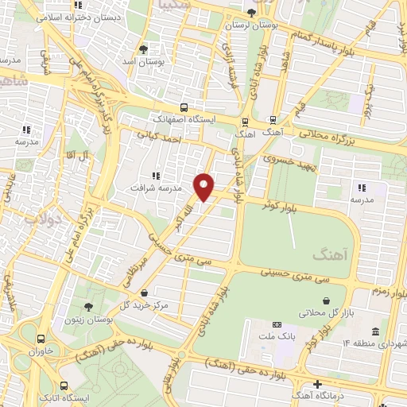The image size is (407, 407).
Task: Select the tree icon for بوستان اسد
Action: point(143,48)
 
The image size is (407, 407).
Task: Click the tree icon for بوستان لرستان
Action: point(253,13)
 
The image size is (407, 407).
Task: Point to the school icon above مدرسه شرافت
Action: point(156,175)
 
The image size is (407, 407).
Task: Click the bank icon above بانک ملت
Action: point(277,324)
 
